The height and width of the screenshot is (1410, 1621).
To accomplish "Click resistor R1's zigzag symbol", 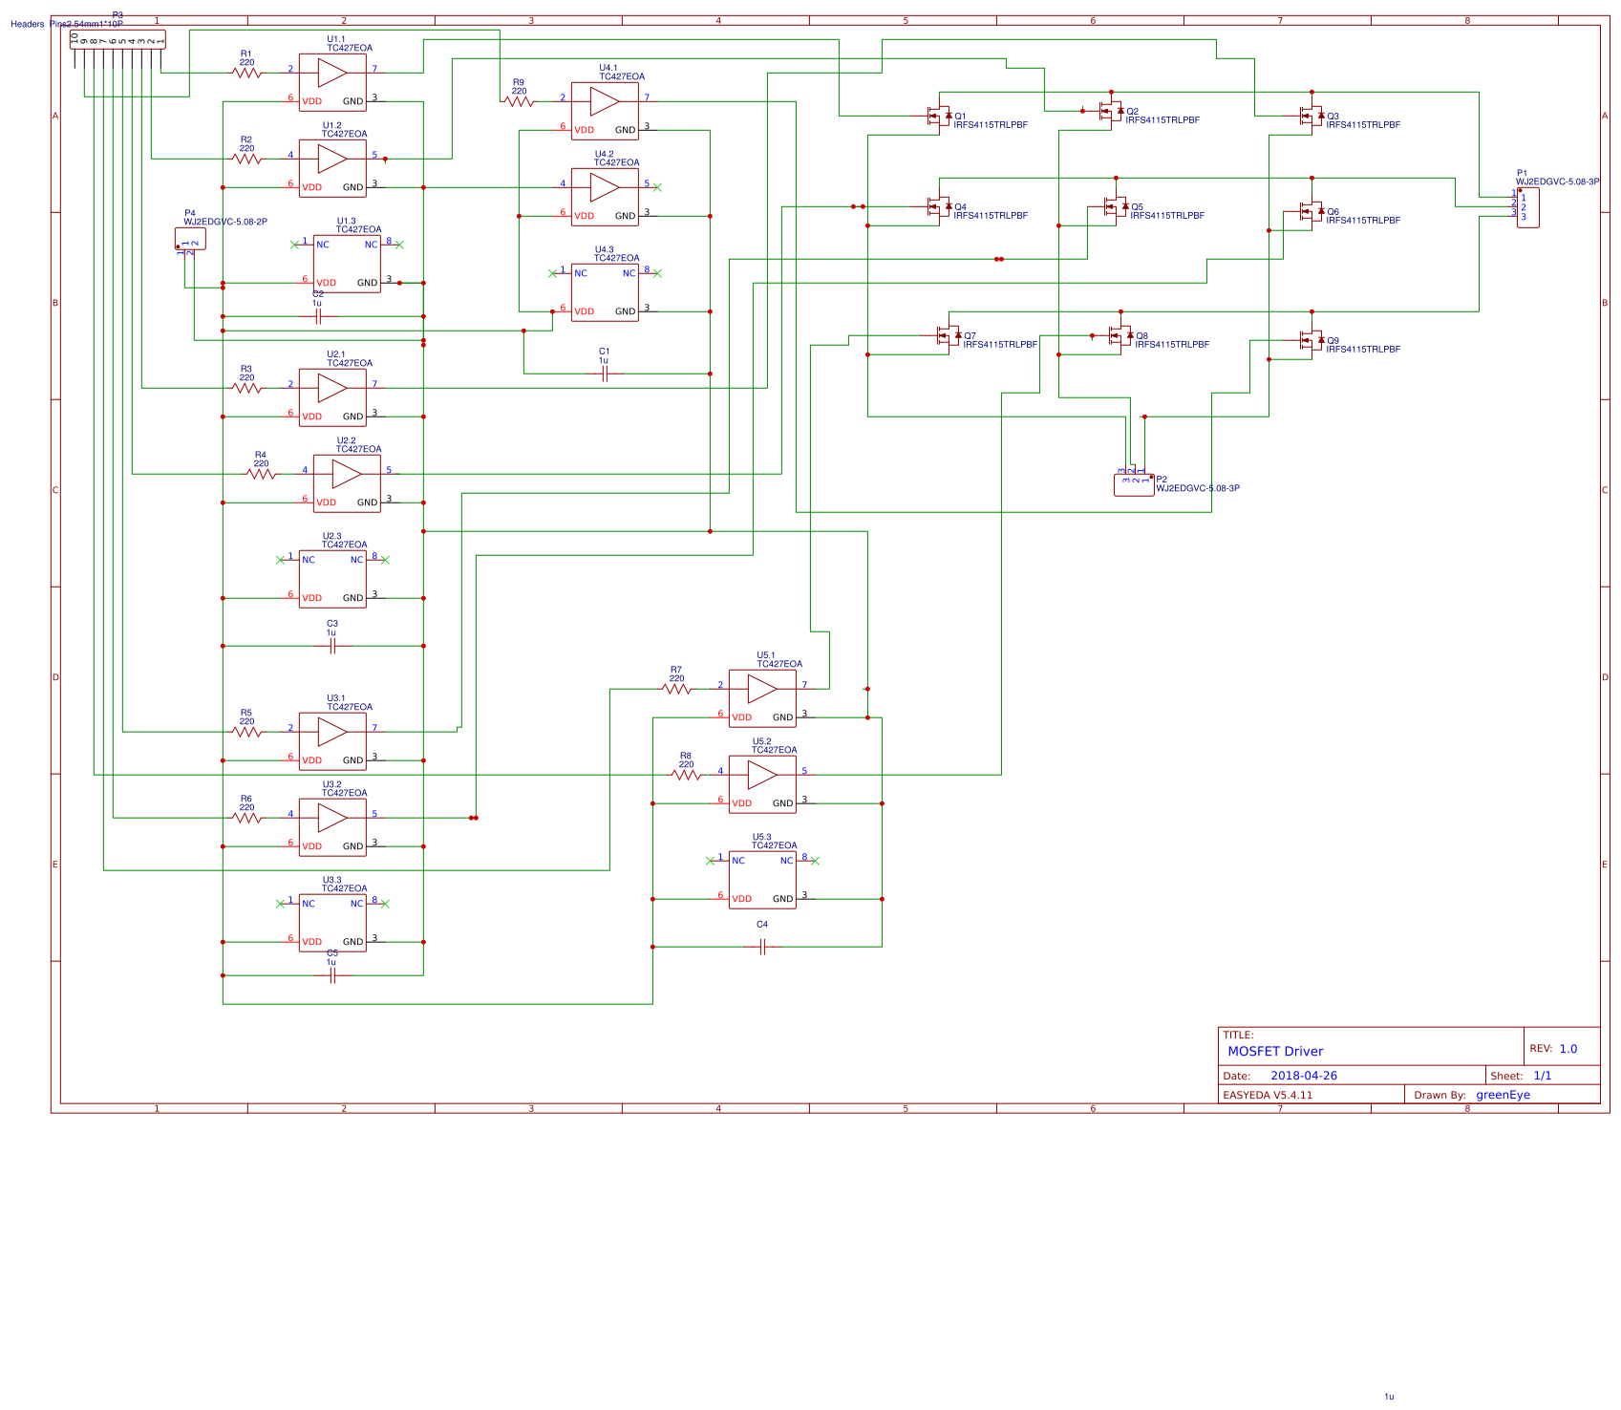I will [x=246, y=73].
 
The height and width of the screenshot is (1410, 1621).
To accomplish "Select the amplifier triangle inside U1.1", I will [x=331, y=73].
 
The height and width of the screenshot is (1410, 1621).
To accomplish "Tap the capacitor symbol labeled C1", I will [x=604, y=374].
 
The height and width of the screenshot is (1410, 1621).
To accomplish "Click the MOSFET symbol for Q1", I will [x=939, y=116].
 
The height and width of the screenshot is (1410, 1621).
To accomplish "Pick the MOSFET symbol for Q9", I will [x=1312, y=340].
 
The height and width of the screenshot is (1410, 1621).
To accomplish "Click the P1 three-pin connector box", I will [x=1527, y=207].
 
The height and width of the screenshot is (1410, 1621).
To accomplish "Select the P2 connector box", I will [x=1134, y=485].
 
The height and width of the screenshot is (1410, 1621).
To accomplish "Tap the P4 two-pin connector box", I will [x=190, y=239].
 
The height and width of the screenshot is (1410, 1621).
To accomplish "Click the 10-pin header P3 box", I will [x=117, y=38].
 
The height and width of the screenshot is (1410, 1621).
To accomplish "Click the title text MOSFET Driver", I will [x=1275, y=1051].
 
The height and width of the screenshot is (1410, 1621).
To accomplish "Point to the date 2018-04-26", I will [x=1303, y=1076].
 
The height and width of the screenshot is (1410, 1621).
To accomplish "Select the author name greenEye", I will [x=1503, y=1095].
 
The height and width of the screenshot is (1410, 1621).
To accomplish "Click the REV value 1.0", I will [x=1568, y=1048].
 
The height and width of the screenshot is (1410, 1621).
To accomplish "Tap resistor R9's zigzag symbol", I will [x=518, y=101].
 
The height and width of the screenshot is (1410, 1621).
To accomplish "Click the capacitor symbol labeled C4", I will [x=762, y=947].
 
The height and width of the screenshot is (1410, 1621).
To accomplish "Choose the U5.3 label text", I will [x=761, y=837].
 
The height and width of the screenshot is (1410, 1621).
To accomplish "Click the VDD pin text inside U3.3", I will [x=312, y=942].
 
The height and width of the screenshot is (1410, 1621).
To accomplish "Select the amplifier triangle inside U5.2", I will [x=761, y=775].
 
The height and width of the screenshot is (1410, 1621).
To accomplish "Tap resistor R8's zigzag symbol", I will [x=686, y=775].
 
